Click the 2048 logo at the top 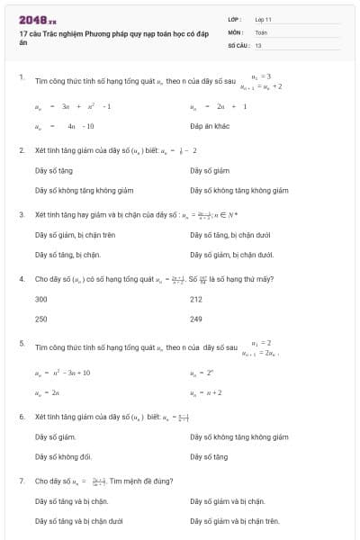[37, 18]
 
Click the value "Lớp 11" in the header [263, 19]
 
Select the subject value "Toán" [261, 31]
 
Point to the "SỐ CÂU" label [238, 44]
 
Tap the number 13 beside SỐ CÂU [258, 44]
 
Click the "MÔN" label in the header [236, 31]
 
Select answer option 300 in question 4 [40, 299]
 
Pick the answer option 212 [196, 299]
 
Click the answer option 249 [196, 319]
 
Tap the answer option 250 [40, 319]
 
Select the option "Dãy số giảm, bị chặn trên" [75, 234]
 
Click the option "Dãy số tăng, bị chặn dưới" [232, 234]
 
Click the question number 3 [22, 214]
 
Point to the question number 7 [22, 481]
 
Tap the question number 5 [22, 343]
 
